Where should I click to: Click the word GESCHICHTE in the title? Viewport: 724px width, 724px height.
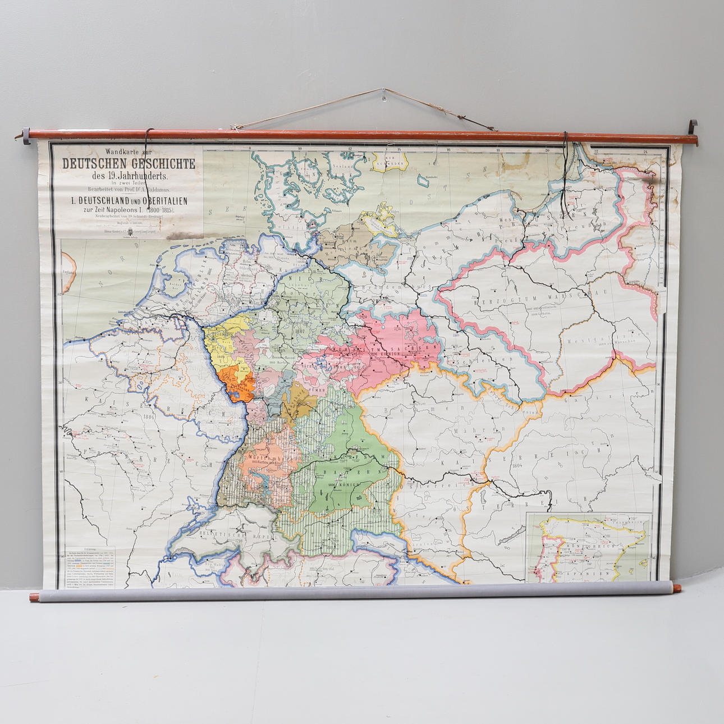pos(163,164)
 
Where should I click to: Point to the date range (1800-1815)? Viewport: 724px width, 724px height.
pos(157,210)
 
